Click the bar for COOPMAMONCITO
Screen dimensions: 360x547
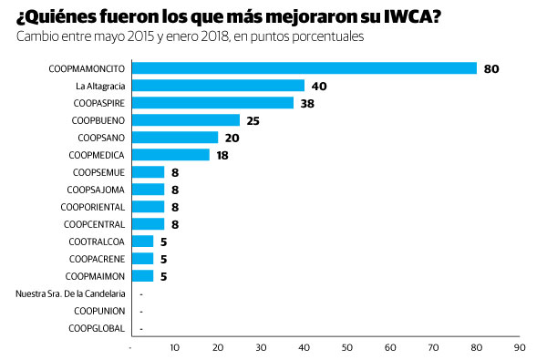[304, 68]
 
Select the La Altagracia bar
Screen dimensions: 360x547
[219, 86]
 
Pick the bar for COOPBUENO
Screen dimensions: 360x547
[186, 120]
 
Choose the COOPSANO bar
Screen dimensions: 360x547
[175, 138]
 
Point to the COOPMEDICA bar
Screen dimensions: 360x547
[170, 155]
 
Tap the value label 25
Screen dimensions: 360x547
[254, 120]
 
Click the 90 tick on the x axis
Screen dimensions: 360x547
[520, 347]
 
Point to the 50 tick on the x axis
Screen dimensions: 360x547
[347, 347]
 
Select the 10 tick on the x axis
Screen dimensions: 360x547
[175, 347]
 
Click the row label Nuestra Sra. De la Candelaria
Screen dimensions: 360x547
[70, 293]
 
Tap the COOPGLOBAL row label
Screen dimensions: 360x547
[97, 328]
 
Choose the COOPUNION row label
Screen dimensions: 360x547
[98, 311]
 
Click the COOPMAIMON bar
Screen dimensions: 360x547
[143, 276]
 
